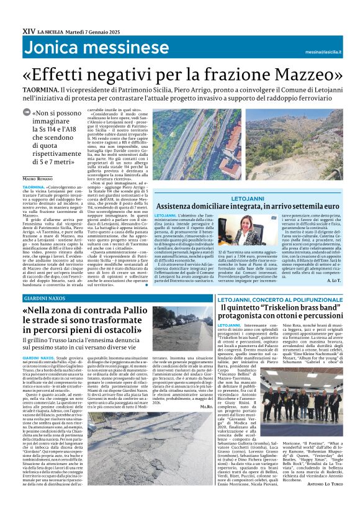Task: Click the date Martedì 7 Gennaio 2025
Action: [94, 30]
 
